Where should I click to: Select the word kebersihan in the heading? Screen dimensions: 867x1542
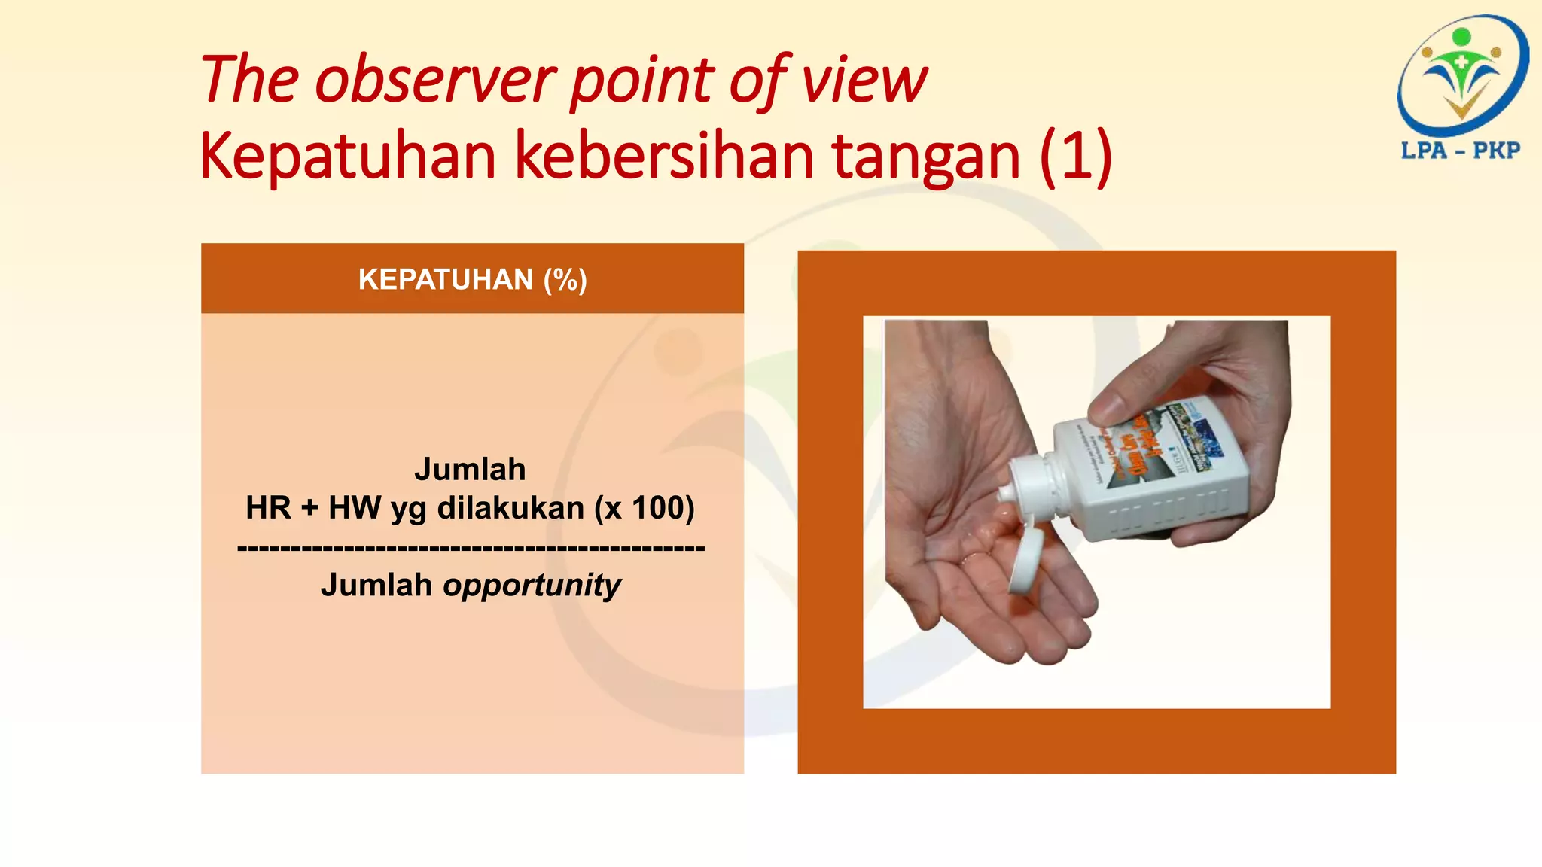pos(665,156)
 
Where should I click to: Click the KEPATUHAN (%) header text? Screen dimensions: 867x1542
pos(472,279)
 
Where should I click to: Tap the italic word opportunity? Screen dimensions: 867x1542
pos(532,585)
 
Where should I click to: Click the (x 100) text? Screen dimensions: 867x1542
pos(645,507)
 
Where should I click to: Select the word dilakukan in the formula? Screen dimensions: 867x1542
pos(510,507)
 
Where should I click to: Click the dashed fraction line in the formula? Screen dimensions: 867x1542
pos(471,548)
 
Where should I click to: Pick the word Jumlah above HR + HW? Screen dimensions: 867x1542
pos(470,469)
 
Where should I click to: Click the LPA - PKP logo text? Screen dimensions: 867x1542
pos(1460,150)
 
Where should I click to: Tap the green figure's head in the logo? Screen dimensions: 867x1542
pos(1461,37)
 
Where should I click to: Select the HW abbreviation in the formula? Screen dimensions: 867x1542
pos(355,507)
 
